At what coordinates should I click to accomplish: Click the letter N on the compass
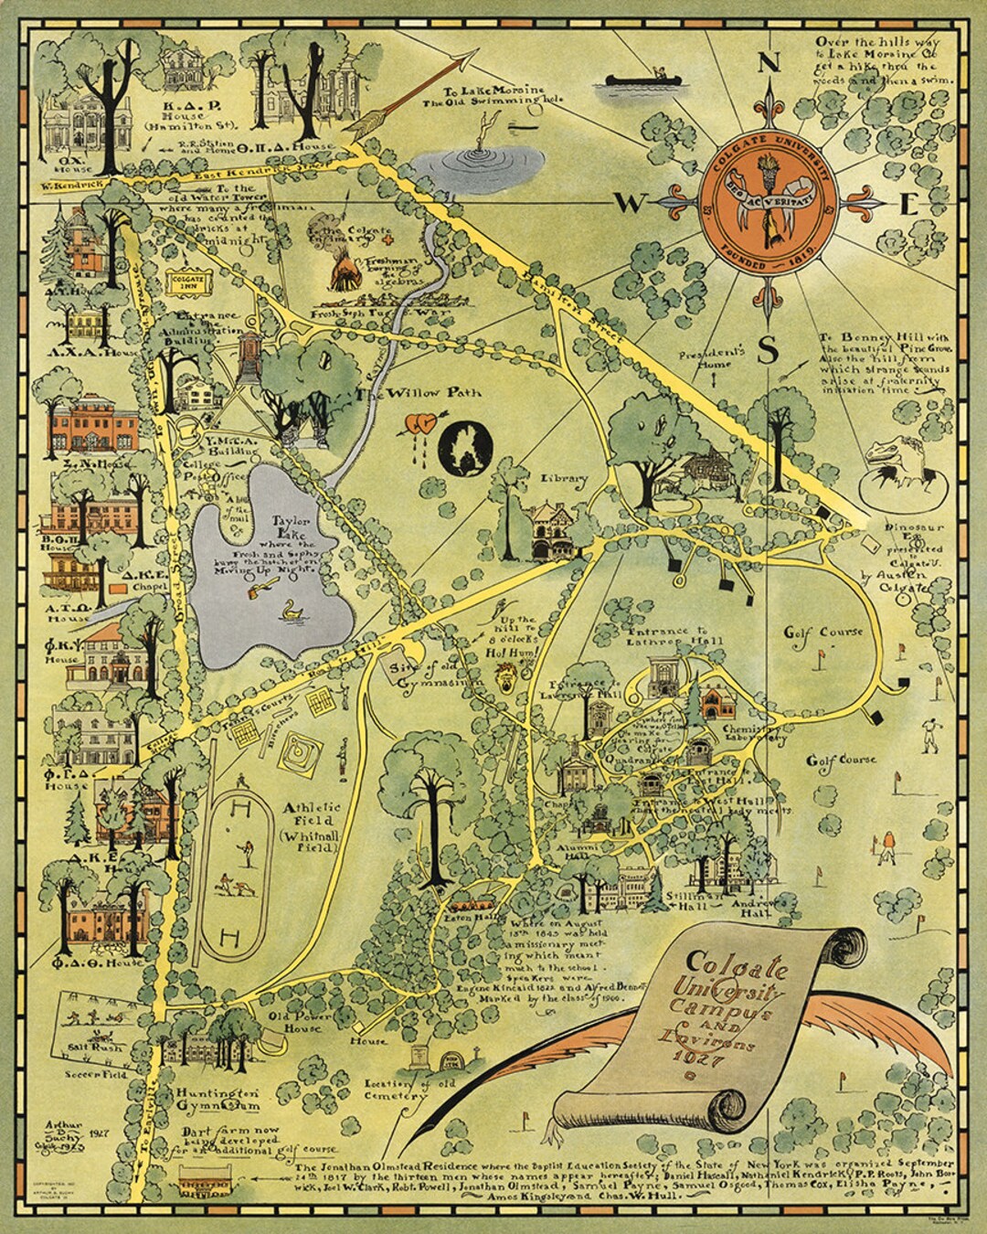click(x=770, y=65)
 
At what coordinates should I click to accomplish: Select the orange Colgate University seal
click(x=770, y=205)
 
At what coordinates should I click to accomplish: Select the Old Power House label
click(x=295, y=1021)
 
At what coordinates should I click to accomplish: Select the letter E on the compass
click(x=907, y=205)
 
